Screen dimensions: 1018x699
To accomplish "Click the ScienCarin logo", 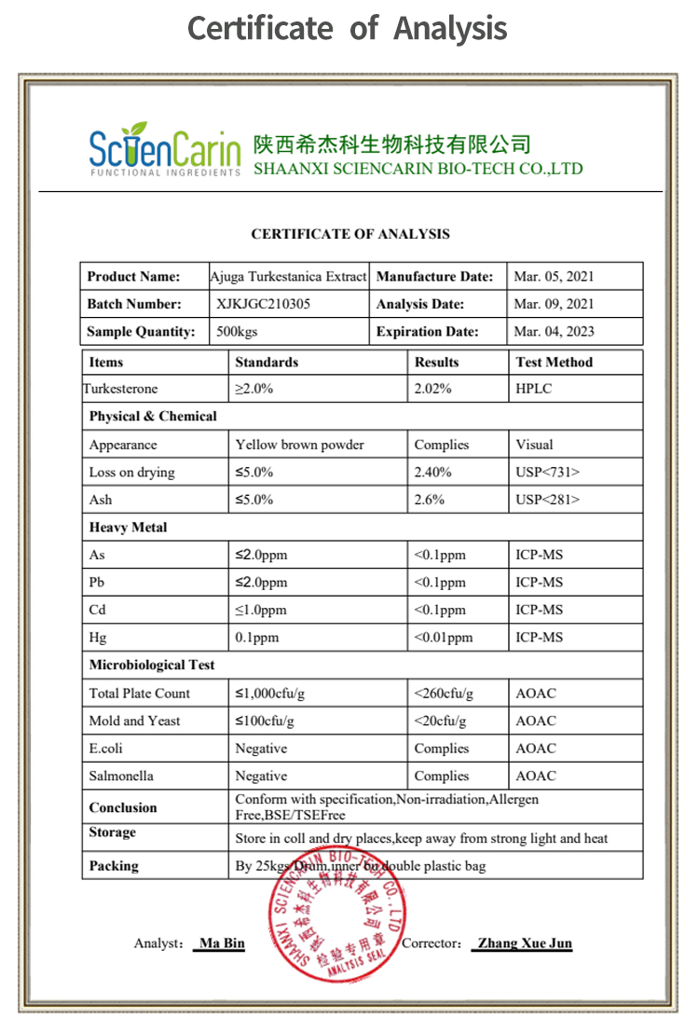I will (x=164, y=150).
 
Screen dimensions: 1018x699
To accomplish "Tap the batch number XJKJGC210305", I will (x=264, y=304).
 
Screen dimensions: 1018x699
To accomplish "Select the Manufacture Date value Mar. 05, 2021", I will (x=554, y=277).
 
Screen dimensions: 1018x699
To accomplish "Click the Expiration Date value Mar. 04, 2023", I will (x=554, y=332).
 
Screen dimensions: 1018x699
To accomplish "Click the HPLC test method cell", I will (x=534, y=389).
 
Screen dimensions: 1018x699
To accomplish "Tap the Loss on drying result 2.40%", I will (x=432, y=473).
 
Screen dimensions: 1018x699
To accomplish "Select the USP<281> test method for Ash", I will (x=547, y=500).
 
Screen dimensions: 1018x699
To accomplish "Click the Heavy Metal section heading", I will (x=129, y=528).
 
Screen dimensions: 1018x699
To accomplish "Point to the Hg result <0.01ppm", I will (x=444, y=638).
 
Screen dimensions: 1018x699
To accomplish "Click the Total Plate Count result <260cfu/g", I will (x=444, y=694).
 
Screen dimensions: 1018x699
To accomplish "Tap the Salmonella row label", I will (x=121, y=776).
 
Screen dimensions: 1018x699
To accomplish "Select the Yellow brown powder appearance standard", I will (x=299, y=445).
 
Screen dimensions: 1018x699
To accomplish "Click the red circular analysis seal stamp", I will (x=336, y=915).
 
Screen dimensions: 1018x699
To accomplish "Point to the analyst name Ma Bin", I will (x=223, y=943).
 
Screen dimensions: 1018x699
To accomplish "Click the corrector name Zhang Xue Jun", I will (x=522, y=943).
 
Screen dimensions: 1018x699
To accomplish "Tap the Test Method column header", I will (x=555, y=362).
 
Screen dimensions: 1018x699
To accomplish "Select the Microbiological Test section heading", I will (x=152, y=666).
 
